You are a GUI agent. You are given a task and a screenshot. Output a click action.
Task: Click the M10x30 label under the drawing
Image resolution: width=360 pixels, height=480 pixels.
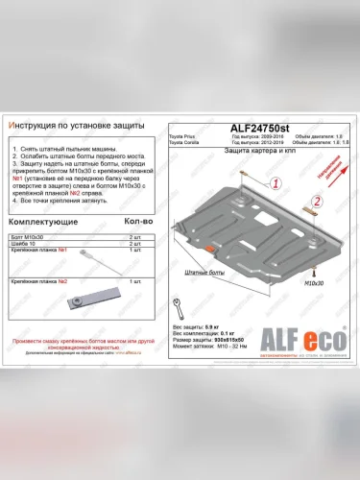314,284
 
